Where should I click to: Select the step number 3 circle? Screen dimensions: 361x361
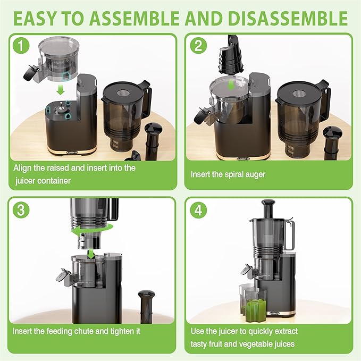[21, 209]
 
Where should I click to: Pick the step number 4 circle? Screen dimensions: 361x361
[197, 209]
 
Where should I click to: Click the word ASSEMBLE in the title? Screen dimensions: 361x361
[141, 19]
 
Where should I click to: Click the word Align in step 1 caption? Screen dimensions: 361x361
[24, 167]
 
